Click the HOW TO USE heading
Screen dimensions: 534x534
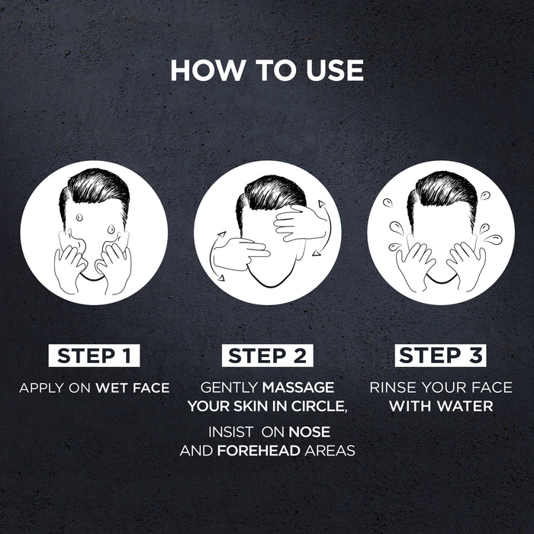(267, 69)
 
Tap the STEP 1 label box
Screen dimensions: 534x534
(94, 355)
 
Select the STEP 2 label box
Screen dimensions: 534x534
(267, 355)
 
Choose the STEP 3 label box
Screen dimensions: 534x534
(440, 355)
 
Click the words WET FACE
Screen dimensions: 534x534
(132, 388)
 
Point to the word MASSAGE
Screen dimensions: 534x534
(299, 388)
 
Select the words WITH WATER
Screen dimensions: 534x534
(440, 407)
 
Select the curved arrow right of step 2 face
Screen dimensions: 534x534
(323, 221)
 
